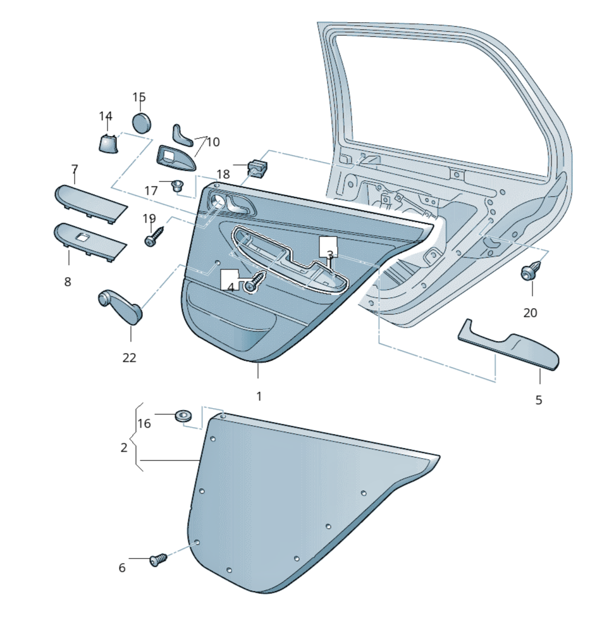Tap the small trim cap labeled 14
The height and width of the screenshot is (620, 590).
[108, 143]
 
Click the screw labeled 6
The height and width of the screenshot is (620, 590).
[158, 560]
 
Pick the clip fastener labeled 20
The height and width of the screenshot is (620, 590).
[530, 271]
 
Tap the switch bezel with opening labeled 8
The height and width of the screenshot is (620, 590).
[89, 240]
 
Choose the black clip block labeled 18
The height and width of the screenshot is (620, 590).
[257, 168]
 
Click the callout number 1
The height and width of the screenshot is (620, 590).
[259, 396]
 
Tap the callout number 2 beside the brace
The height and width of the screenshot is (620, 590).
[124, 448]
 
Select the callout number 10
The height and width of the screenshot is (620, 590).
[212, 142]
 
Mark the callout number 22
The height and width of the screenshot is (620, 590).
[129, 357]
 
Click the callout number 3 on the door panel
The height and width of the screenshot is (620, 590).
[329, 254]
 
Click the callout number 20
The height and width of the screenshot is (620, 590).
[530, 313]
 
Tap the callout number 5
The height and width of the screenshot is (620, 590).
[539, 400]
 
